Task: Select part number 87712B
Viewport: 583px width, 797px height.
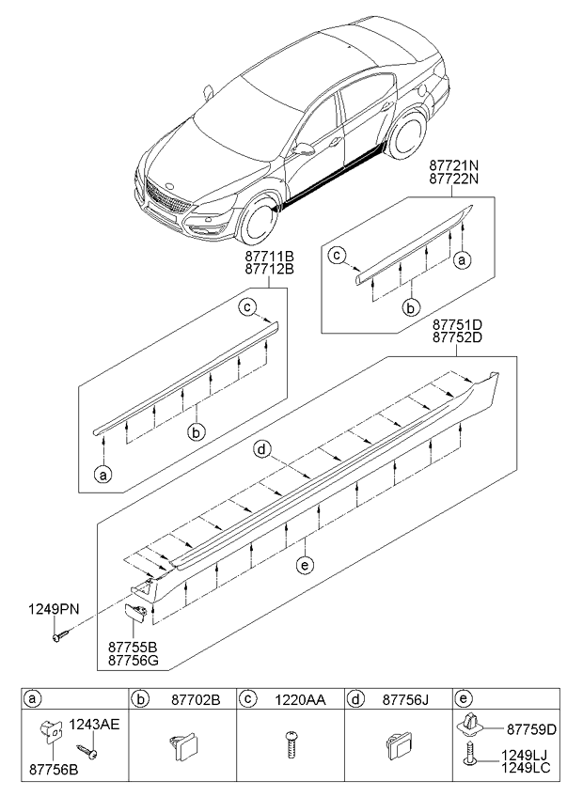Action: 271,269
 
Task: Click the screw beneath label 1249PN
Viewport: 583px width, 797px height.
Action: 59,636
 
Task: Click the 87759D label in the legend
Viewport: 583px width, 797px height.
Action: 532,728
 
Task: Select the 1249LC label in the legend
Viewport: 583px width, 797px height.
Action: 532,767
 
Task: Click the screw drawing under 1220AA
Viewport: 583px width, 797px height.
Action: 291,748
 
